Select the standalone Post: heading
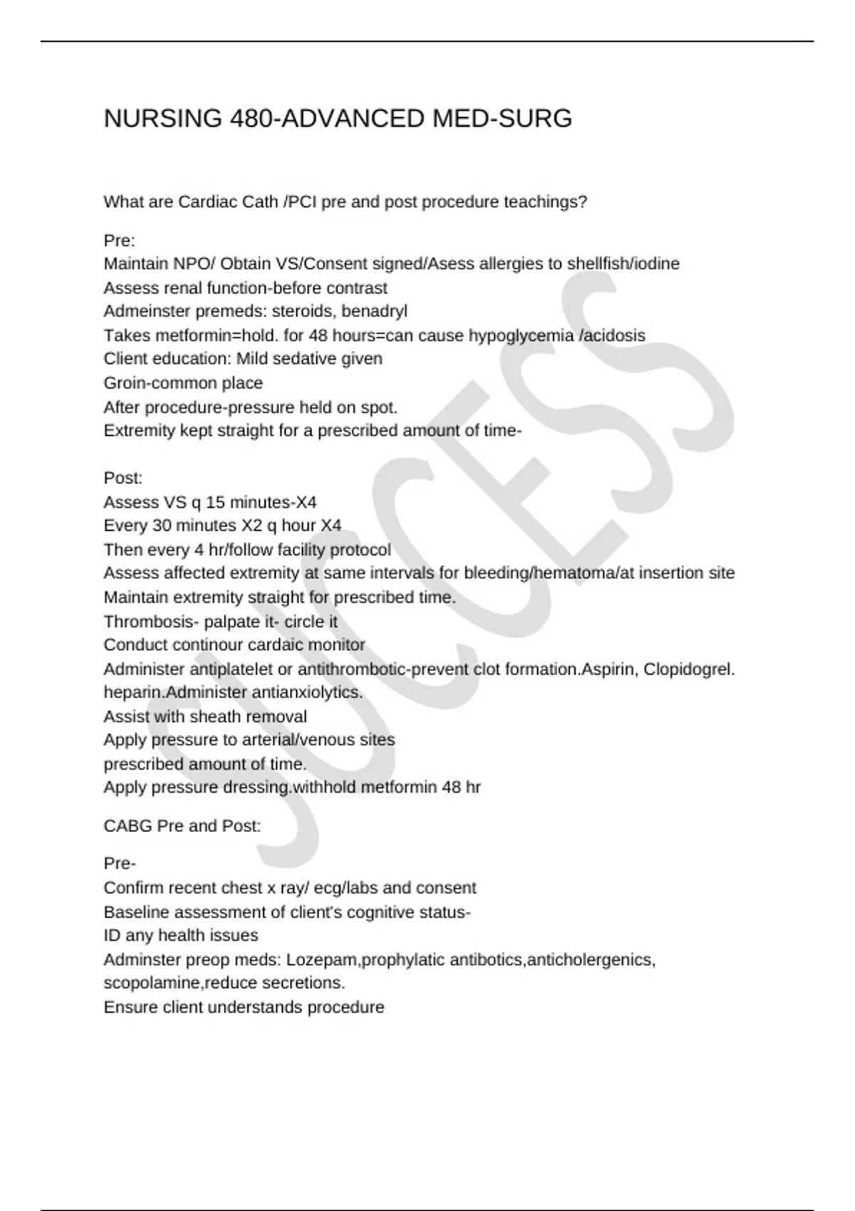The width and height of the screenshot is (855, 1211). [x=123, y=478]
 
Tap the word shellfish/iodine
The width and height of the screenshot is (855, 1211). [x=623, y=264]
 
